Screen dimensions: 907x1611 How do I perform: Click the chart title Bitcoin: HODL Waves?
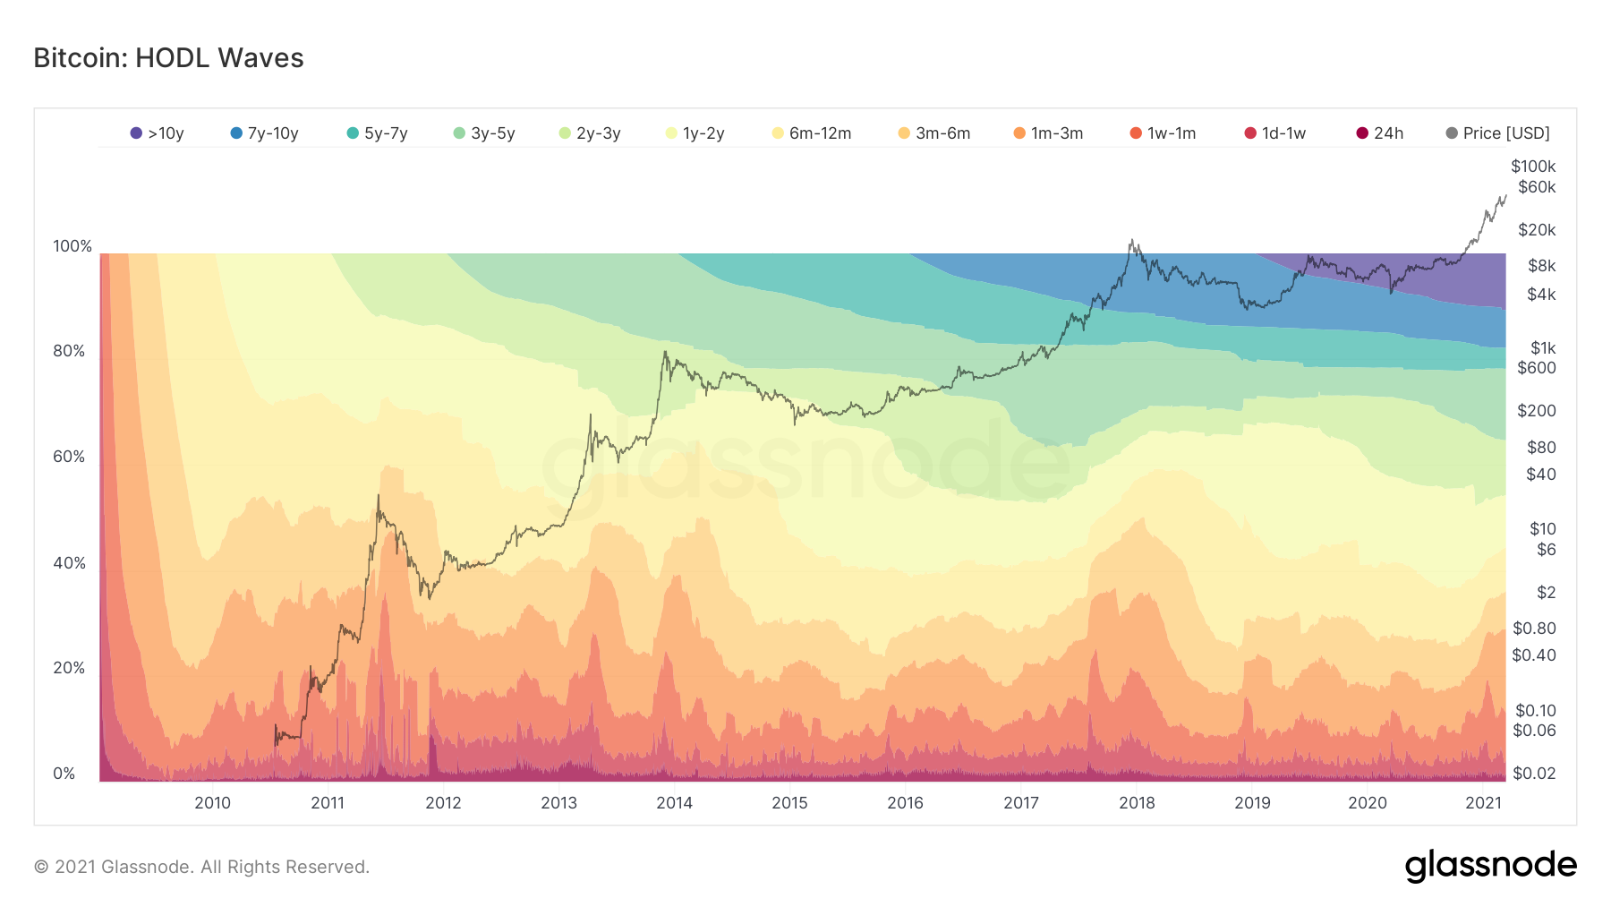(x=168, y=58)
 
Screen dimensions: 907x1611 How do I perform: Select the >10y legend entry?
(x=158, y=133)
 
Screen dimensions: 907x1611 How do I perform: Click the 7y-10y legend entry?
(x=265, y=133)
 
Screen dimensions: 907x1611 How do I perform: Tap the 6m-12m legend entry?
(x=812, y=133)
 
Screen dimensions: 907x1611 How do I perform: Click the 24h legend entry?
(x=1380, y=133)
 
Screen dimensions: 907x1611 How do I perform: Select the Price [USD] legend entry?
(x=1498, y=133)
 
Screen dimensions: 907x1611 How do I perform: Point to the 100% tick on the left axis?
(x=72, y=246)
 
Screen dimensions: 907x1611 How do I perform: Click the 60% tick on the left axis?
(x=69, y=457)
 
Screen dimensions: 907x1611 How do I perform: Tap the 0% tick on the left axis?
(x=64, y=774)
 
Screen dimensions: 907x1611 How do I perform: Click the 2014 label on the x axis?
(x=674, y=803)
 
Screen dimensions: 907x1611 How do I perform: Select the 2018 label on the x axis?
(x=1137, y=803)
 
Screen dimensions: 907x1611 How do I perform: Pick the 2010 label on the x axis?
(x=212, y=803)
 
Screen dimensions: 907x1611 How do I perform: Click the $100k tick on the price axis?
(x=1533, y=167)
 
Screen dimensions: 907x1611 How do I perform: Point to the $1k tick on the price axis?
(x=1543, y=348)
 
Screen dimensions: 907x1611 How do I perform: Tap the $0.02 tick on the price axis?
(x=1534, y=774)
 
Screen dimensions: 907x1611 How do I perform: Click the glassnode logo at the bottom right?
(x=1490, y=866)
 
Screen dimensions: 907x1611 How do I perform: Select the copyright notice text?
(x=201, y=867)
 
